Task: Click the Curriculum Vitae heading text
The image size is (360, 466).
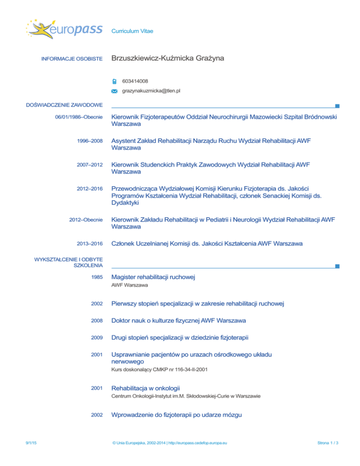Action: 132,31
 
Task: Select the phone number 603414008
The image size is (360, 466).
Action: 135,81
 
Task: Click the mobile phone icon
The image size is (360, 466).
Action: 115,82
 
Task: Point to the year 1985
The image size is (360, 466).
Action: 97,278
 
